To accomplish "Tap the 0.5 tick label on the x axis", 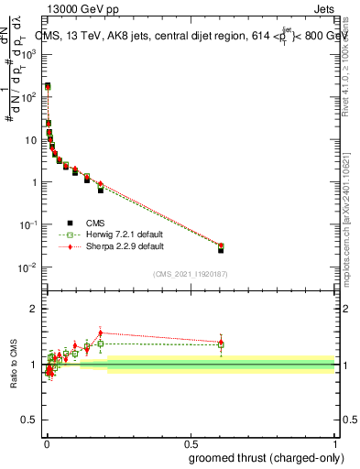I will (x=191, y=442).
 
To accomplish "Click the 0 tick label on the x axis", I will (x=46, y=442).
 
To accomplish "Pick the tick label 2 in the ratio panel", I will (x=34, y=309).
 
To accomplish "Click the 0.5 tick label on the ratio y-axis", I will (x=29, y=422).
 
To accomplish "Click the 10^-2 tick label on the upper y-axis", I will (x=27, y=267).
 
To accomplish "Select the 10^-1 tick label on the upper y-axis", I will (x=27, y=224).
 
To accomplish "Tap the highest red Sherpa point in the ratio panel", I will (x=100, y=333).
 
